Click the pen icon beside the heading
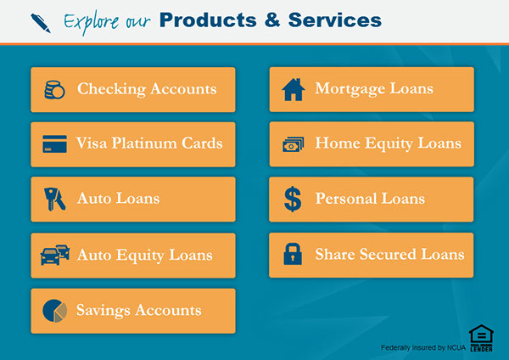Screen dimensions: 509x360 point(41,23)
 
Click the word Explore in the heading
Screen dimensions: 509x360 point(92,22)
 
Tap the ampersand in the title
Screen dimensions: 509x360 point(272,20)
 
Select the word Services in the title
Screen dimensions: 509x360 point(335,20)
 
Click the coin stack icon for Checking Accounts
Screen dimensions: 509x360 point(54,90)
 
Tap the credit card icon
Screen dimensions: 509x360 point(54,144)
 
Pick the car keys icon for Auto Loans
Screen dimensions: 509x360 point(54,199)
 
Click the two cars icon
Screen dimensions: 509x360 point(55,255)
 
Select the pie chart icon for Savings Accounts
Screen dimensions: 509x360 point(54,311)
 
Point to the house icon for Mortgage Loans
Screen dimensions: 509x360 point(294,89)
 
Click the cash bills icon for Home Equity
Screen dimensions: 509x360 point(294,144)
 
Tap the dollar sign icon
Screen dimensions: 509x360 point(293,199)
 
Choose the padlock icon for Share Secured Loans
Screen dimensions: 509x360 point(293,254)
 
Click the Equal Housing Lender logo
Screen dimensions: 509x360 point(481,338)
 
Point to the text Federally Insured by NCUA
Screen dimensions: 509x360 point(423,347)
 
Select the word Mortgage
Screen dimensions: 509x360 point(350,88)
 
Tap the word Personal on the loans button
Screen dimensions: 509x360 point(346,198)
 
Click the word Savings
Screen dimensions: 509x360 point(103,310)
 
